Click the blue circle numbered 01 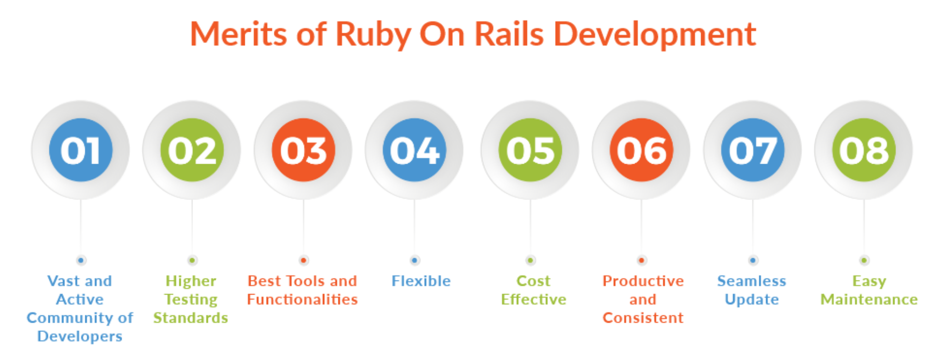tap(81, 150)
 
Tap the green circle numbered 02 tap(192, 150)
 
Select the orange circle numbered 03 tap(304, 150)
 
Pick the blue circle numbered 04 tap(414, 150)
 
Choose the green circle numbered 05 tap(530, 150)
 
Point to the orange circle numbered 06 tap(641, 150)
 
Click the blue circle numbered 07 tap(753, 150)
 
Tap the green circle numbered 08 tap(864, 150)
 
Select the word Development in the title tap(654, 34)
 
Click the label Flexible tap(421, 281)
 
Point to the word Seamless tap(752, 281)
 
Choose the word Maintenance tap(869, 300)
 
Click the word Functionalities tap(302, 300)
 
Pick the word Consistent tap(643, 318)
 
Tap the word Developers tap(80, 337)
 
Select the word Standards tap(191, 318)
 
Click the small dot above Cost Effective tap(530, 260)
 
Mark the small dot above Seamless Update tap(753, 260)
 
